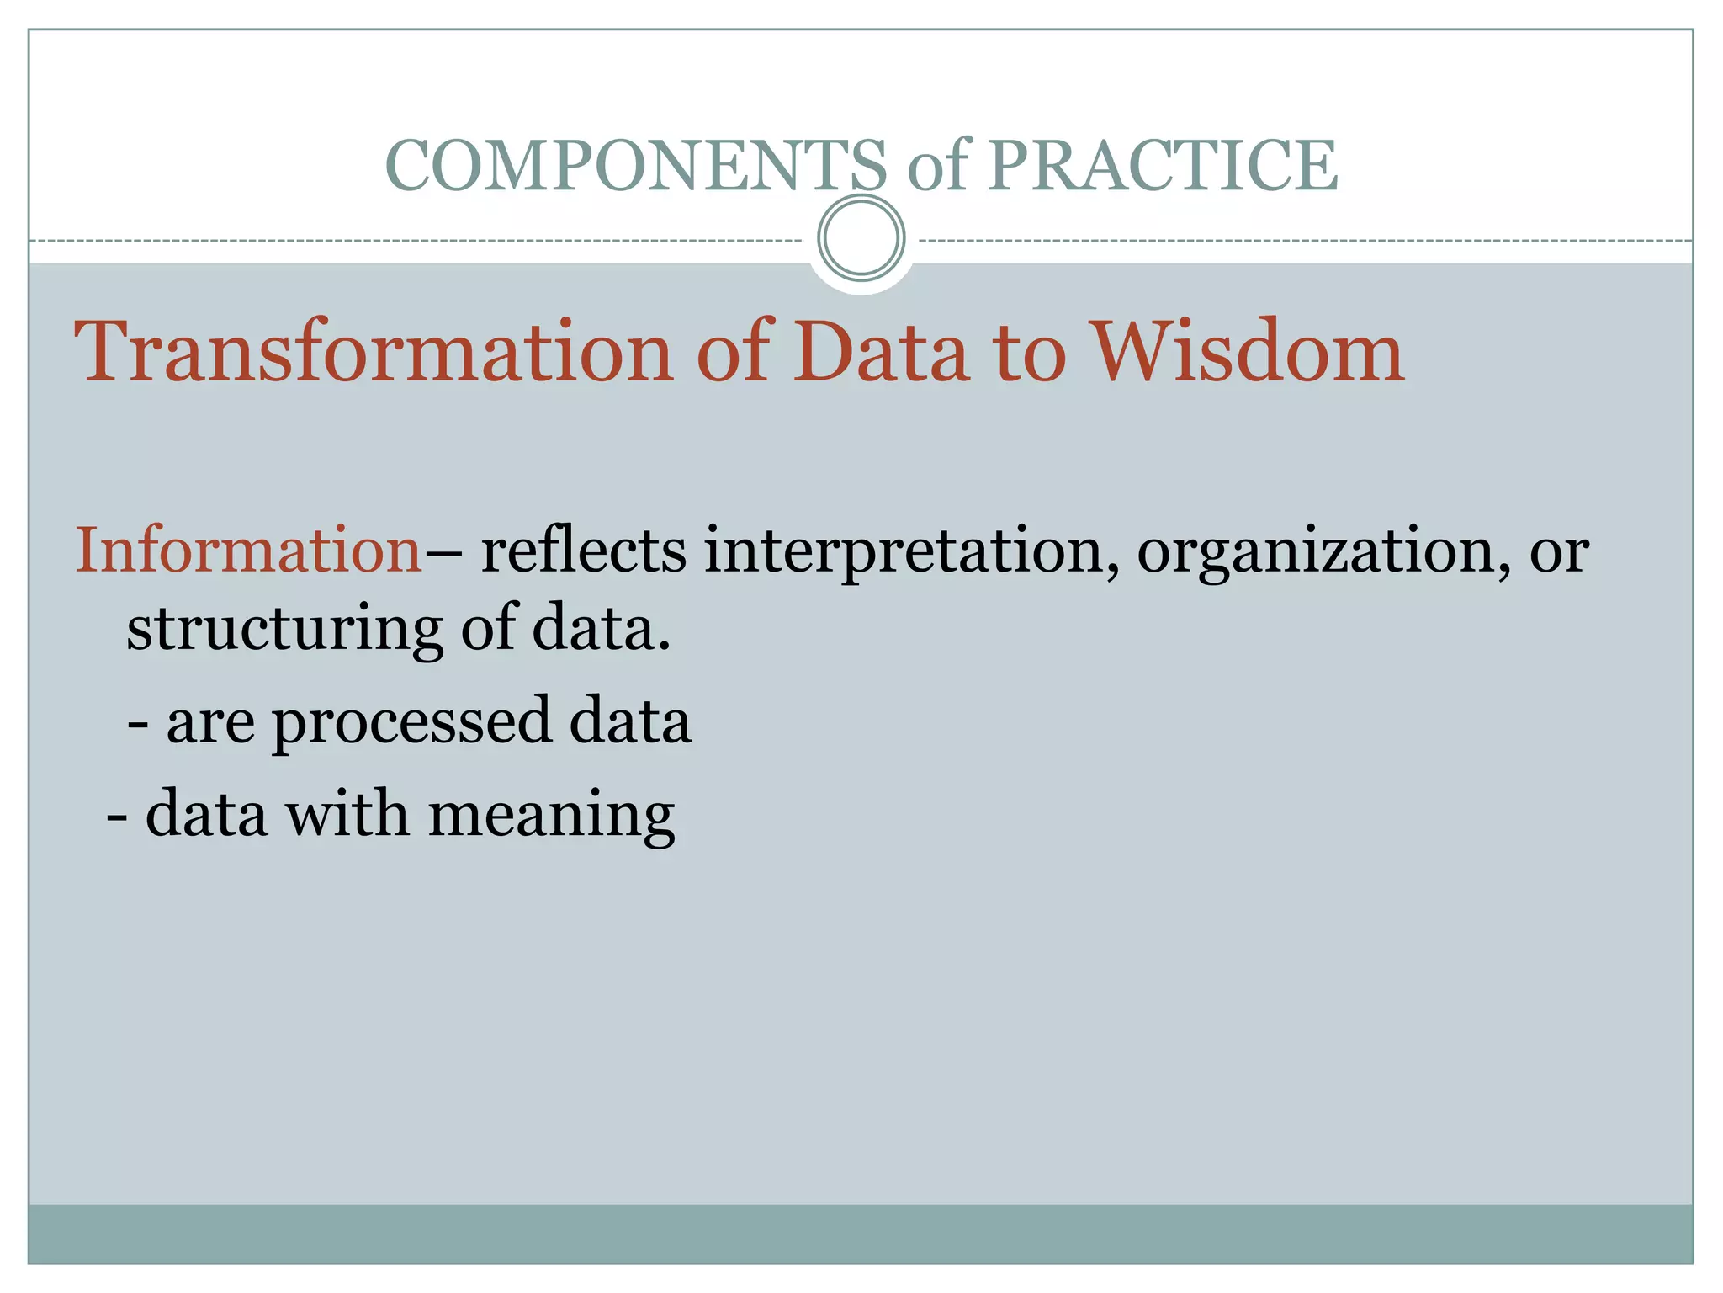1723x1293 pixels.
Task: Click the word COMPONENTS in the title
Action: tap(635, 165)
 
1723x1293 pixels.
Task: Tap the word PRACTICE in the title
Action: tap(1162, 165)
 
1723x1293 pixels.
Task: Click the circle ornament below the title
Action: tap(861, 237)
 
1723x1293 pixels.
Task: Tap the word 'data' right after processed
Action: tap(630, 721)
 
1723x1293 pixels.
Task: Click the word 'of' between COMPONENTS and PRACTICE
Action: tap(937, 165)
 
